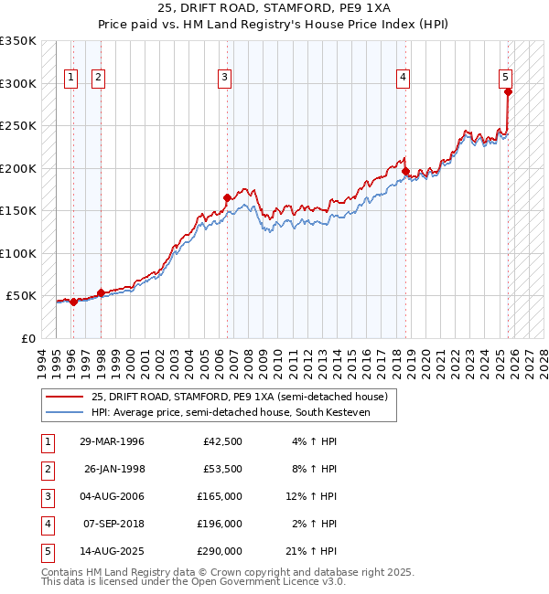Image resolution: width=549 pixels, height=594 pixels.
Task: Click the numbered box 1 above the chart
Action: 71,79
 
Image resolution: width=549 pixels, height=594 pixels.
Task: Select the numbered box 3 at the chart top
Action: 224,79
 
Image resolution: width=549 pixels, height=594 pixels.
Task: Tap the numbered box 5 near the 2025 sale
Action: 506,79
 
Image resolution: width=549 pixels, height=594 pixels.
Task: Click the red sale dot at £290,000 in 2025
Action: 508,91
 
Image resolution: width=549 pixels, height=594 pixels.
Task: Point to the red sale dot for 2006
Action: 228,197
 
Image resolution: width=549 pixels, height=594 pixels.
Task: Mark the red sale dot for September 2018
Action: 405,170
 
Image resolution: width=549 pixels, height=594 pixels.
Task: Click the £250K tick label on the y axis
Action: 18,126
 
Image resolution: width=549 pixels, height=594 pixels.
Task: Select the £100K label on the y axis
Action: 18,253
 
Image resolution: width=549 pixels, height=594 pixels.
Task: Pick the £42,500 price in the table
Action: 222,441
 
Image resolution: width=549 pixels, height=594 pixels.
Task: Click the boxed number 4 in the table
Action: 45,524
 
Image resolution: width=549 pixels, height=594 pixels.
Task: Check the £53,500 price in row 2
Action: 222,469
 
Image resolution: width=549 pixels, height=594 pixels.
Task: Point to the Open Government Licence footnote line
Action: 194,581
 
